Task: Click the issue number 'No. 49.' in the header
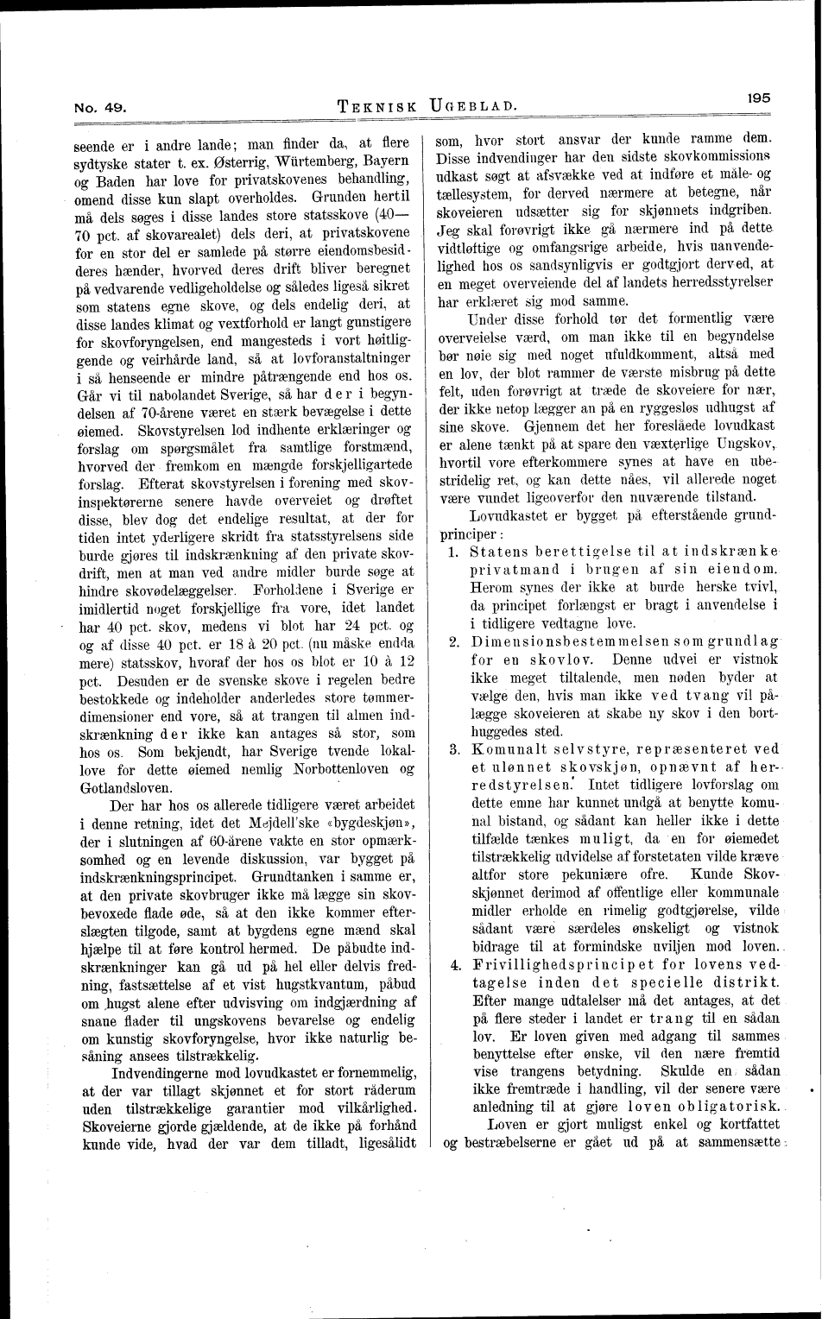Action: pos(103,109)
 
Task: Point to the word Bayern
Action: pos(387,161)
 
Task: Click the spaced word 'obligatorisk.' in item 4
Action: pos(731,1107)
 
